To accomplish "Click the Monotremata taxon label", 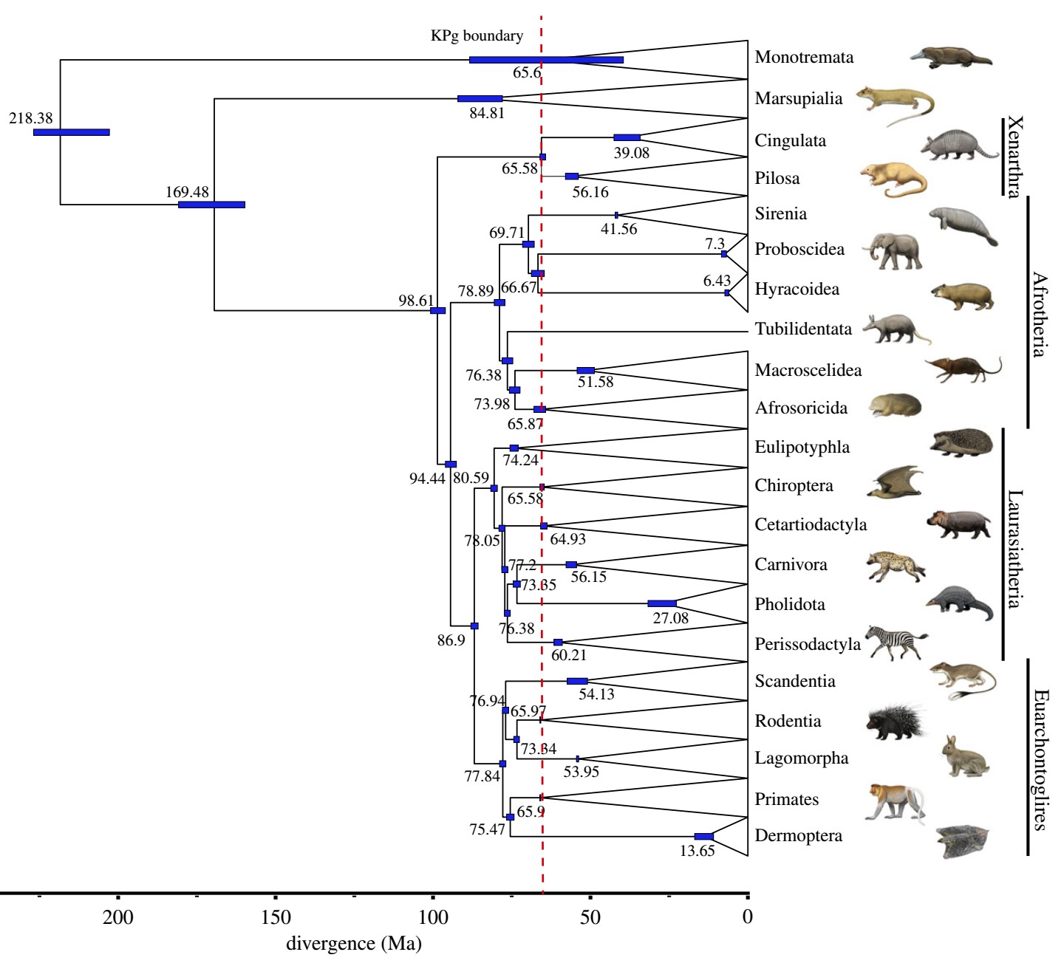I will (x=804, y=58).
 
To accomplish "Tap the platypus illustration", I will (x=951, y=58).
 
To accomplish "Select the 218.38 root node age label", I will (x=31, y=118).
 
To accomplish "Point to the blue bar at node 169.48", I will (x=211, y=205).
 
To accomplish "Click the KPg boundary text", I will (x=477, y=35).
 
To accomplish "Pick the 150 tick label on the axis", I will (x=276, y=917).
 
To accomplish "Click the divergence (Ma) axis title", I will (x=354, y=944).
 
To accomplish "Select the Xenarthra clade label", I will (x=1015, y=157).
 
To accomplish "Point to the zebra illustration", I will (x=896, y=642).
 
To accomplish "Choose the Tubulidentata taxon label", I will (x=803, y=329).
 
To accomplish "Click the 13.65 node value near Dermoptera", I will (x=698, y=851).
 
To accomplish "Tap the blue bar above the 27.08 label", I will (x=661, y=604).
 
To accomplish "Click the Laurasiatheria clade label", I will (x=1015, y=549).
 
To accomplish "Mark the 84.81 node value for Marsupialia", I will (x=487, y=114).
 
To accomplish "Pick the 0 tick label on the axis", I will (x=748, y=917).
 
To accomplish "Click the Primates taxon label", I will (x=787, y=800).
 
